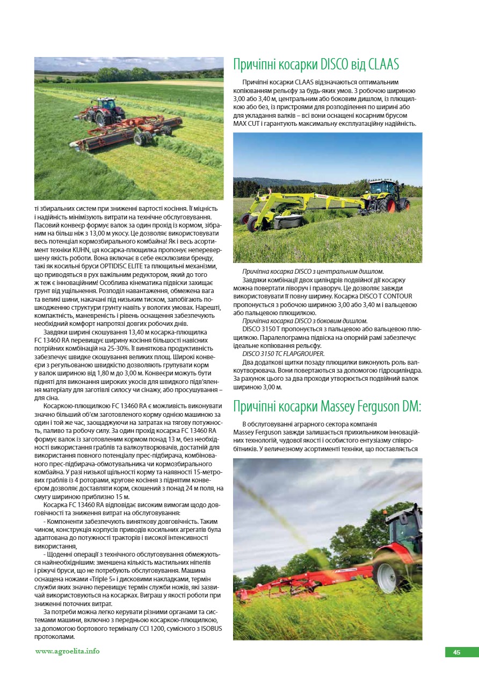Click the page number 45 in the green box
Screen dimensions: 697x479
point(456,652)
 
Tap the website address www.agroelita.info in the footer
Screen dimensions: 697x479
point(67,651)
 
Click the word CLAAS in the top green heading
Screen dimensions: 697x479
point(384,65)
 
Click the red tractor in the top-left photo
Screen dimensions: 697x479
point(104,109)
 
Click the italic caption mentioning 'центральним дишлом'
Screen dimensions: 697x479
point(313,272)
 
